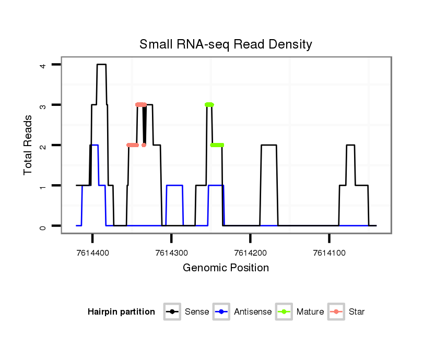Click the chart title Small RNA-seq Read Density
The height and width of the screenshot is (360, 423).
click(x=226, y=44)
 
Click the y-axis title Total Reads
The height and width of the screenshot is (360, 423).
click(x=29, y=145)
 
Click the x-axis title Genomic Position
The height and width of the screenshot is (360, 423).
click(x=226, y=268)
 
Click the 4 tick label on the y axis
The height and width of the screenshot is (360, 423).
click(x=43, y=65)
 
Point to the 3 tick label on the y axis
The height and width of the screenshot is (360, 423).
click(x=43, y=105)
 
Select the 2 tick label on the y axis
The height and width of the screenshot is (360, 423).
click(x=43, y=145)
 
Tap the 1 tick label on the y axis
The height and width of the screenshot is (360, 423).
click(x=43, y=186)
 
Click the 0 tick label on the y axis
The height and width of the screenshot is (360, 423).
click(x=43, y=226)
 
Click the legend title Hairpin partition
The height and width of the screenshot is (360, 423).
click(x=121, y=312)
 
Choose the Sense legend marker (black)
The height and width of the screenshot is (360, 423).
click(x=172, y=312)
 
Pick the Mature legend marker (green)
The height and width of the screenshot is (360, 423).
click(x=284, y=312)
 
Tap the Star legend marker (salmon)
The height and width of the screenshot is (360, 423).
click(x=335, y=312)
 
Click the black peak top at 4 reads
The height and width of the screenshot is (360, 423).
click(x=101, y=65)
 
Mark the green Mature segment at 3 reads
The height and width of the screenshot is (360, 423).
click(x=209, y=105)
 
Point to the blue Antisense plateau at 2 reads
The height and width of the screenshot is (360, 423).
click(x=94, y=145)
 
